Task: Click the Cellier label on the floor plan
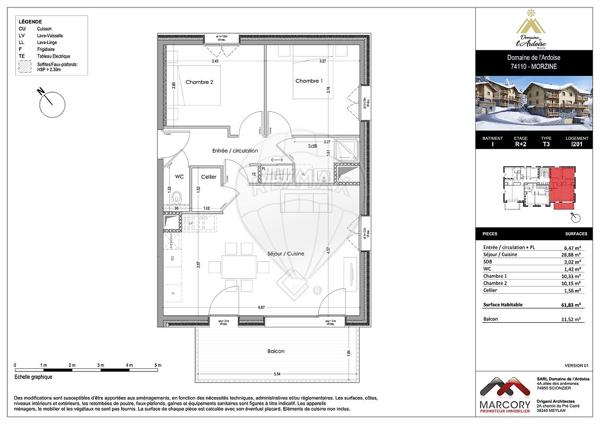tap(208, 177)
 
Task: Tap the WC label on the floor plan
tap(180, 177)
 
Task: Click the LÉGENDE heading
tap(32, 21)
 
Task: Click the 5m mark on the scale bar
tap(158, 366)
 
